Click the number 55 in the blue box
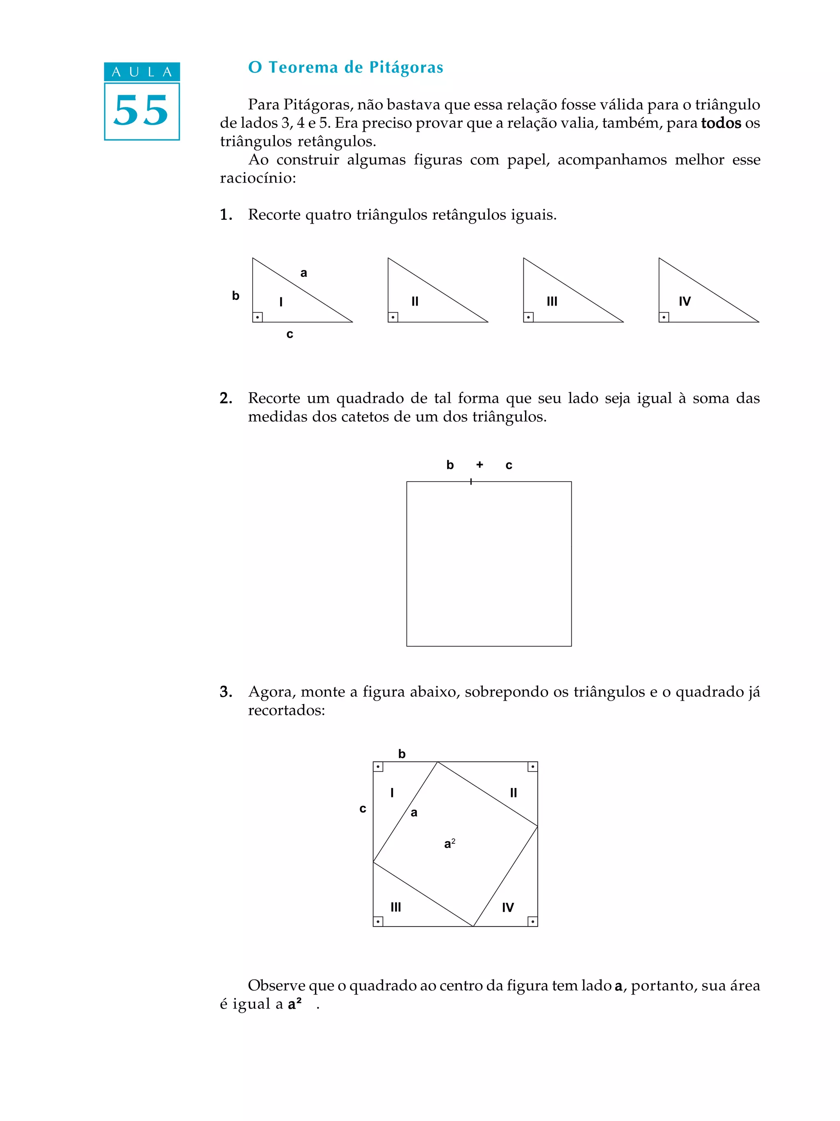pyautogui.click(x=142, y=111)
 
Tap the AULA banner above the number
pyautogui.click(x=142, y=72)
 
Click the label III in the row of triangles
pyautogui.click(x=552, y=301)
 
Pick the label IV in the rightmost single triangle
pyautogui.click(x=685, y=301)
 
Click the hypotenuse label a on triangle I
pyautogui.click(x=304, y=273)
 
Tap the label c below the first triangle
pyautogui.click(x=290, y=334)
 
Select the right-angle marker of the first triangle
pyautogui.click(x=257, y=317)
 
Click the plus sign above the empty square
pyautogui.click(x=479, y=464)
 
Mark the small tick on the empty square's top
pyautogui.click(x=471, y=482)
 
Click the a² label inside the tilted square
pyautogui.click(x=450, y=844)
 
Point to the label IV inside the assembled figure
pyautogui.click(x=508, y=908)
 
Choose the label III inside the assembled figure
pyautogui.click(x=396, y=907)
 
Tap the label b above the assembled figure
pyautogui.click(x=402, y=754)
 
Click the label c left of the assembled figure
pyautogui.click(x=363, y=809)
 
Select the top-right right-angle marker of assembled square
pyautogui.click(x=532, y=767)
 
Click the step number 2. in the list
pyautogui.click(x=226, y=398)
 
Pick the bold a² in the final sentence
pyautogui.click(x=295, y=1004)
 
